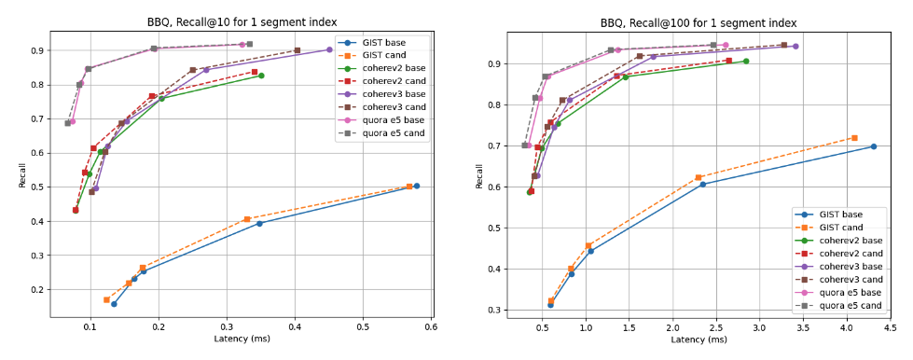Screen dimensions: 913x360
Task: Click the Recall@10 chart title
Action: point(242,22)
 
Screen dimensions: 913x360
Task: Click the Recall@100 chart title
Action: point(699,22)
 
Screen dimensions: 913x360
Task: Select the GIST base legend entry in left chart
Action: point(381,43)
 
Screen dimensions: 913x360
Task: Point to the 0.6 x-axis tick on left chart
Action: point(431,327)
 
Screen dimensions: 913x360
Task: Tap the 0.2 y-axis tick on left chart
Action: point(39,289)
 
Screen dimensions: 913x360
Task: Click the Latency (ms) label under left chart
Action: point(242,339)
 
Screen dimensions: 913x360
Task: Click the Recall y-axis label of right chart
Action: point(479,173)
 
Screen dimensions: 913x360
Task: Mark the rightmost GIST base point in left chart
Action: point(416,186)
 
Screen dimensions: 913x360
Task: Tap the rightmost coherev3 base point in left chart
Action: point(329,50)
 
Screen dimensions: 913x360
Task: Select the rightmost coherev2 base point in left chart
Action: point(261,76)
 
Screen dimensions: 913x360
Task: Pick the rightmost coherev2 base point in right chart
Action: point(746,62)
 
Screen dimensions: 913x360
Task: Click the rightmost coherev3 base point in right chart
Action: point(795,46)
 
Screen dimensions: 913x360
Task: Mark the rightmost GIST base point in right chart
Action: point(874,146)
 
